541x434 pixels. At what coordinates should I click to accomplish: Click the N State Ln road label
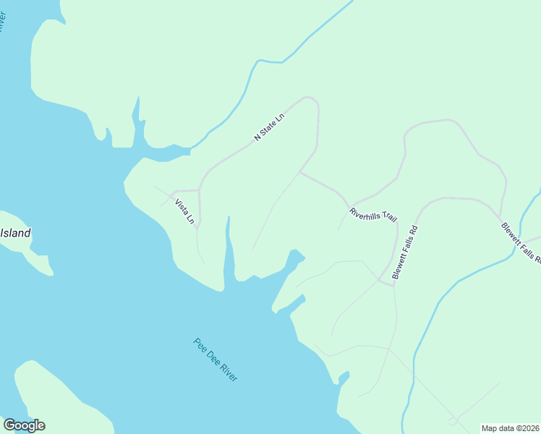pos(269,127)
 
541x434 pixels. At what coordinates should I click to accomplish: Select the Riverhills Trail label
pos(373,215)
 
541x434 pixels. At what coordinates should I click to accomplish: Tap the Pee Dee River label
pos(216,359)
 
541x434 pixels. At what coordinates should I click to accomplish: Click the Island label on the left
pos(15,233)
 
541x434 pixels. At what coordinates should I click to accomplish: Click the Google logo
pos(24,425)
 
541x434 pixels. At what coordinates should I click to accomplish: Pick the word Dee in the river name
pos(213,357)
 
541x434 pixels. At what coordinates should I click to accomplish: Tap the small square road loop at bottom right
pos(453,420)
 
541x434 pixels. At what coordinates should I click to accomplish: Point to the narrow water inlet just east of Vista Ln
pos(229,246)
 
